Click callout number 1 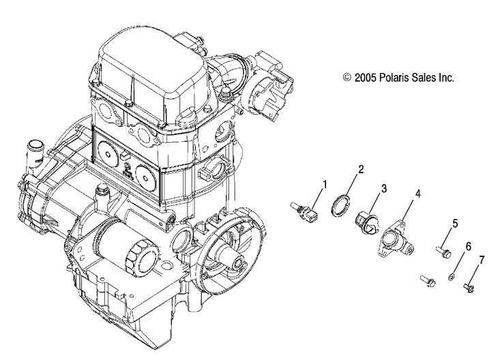click(x=325, y=183)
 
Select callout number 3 click(x=384, y=187)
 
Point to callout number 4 click(x=417, y=194)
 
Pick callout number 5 click(x=455, y=223)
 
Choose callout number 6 click(x=468, y=245)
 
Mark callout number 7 click(x=482, y=260)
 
